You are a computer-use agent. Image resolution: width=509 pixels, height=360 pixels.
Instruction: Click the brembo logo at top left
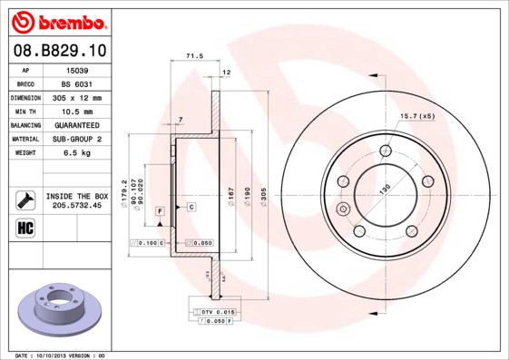click(x=57, y=19)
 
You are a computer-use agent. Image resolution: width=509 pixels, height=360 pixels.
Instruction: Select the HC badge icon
click(x=24, y=227)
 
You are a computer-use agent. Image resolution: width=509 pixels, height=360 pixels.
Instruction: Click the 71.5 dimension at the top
click(x=193, y=56)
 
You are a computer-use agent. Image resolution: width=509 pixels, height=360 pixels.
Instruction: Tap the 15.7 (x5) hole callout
click(x=416, y=117)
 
